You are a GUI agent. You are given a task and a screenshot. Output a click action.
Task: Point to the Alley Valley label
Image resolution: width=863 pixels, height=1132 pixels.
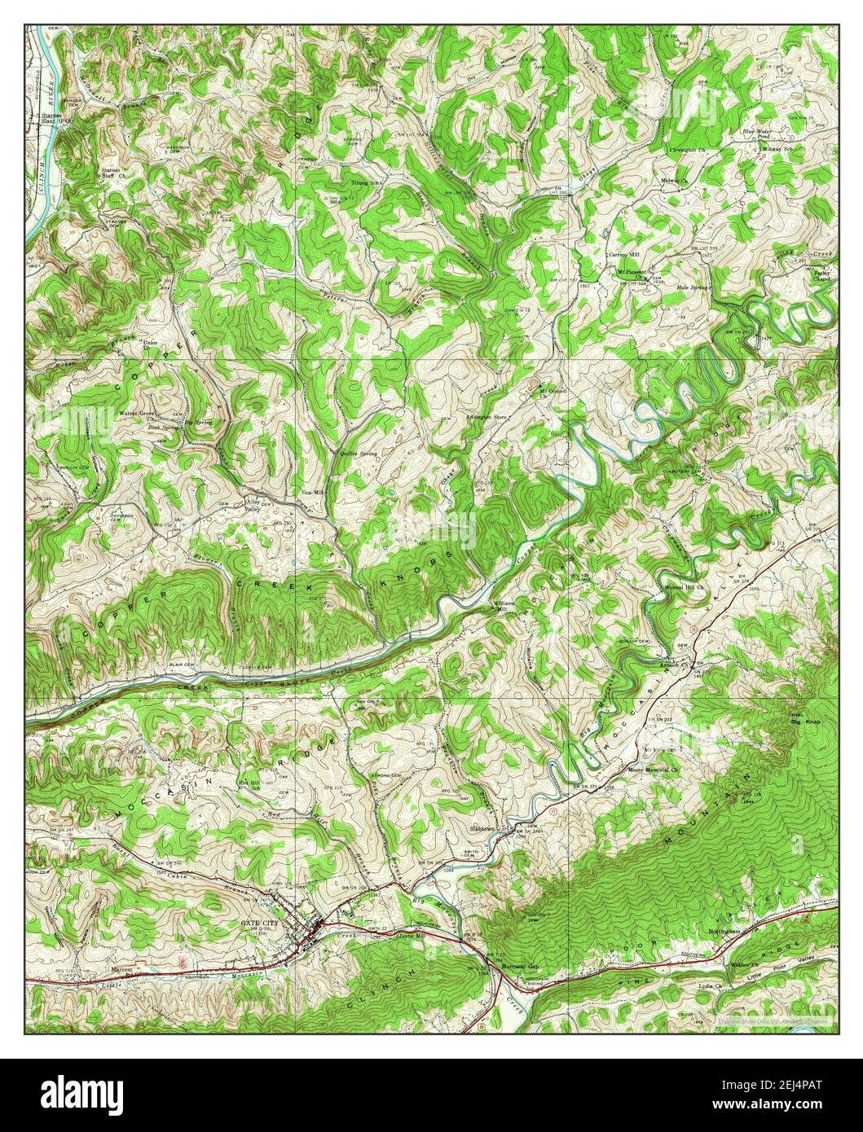click(x=255, y=505)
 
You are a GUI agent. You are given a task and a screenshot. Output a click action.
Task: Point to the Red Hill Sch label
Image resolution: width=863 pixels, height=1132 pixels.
click(x=249, y=784)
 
